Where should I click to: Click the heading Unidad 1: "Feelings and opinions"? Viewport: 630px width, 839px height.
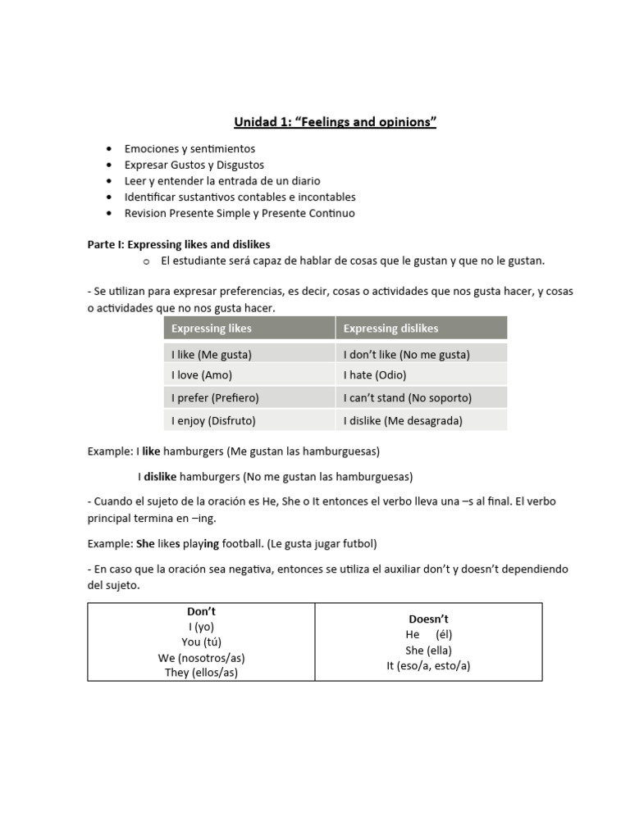[x=335, y=123]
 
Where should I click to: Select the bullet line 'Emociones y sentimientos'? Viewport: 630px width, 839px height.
[x=189, y=149]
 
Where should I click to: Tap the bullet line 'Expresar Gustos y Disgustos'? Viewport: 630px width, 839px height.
[x=194, y=165]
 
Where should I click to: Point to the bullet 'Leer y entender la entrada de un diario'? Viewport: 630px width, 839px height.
[x=222, y=181]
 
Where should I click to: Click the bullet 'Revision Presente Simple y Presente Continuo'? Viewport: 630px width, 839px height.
[x=240, y=213]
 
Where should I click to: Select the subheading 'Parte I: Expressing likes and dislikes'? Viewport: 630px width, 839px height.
[x=179, y=245]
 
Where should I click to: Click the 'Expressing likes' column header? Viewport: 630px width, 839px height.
[x=212, y=329]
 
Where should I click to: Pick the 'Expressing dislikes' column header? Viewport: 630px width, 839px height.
[x=390, y=329]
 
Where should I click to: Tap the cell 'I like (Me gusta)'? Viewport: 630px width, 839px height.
[x=212, y=355]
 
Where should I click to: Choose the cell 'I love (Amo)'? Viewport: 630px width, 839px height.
[x=202, y=375]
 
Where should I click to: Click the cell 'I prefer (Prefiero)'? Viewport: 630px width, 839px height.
[x=215, y=398]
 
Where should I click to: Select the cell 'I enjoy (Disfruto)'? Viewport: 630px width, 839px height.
[x=213, y=420]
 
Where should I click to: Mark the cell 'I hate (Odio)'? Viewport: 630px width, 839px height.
[x=375, y=375]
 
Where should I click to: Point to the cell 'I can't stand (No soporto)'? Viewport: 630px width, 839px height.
[x=407, y=398]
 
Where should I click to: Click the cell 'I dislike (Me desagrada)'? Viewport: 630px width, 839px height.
[x=403, y=420]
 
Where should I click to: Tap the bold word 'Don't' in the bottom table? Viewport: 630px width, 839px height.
[x=201, y=612]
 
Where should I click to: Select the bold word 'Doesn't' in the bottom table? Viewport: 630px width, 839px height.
[x=428, y=619]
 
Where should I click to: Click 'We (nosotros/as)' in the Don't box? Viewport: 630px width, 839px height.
[x=201, y=658]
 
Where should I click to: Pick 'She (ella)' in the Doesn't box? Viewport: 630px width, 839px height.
[x=428, y=651]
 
